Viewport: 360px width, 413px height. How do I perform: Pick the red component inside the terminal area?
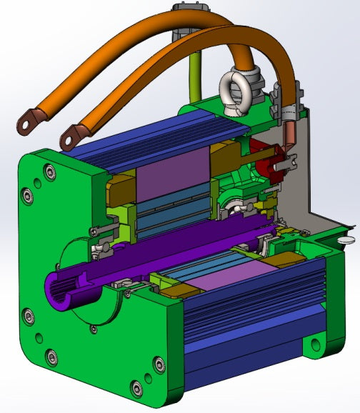(x=271, y=159)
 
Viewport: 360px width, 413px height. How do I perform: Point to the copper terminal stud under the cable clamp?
(x=291, y=135)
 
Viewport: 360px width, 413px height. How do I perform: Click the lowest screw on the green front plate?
(x=136, y=389)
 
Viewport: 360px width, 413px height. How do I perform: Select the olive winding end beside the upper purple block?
(x=120, y=189)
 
